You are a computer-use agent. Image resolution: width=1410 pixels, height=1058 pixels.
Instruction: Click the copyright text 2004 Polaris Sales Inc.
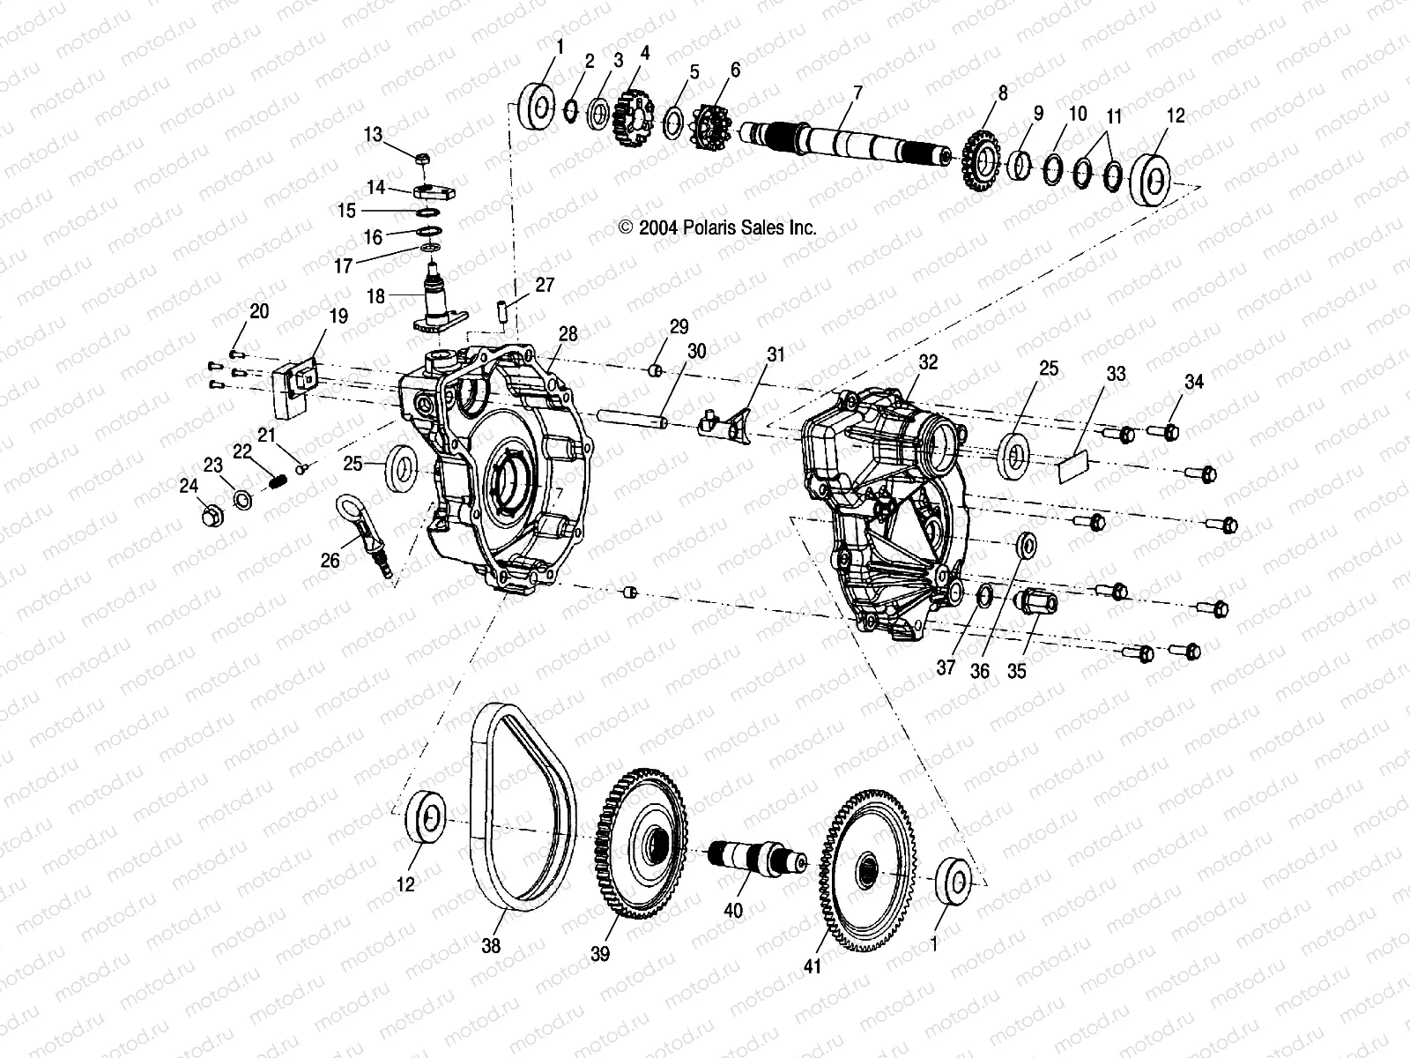[718, 227]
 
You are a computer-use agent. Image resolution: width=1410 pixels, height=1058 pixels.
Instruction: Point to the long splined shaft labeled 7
[846, 143]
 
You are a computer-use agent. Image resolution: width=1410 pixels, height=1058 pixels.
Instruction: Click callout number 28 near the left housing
[568, 334]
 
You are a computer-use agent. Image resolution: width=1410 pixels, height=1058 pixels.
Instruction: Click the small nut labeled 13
[423, 159]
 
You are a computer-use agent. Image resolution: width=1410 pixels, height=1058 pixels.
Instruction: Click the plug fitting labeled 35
[1037, 602]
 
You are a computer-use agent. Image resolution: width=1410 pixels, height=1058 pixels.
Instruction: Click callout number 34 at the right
[1193, 382]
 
